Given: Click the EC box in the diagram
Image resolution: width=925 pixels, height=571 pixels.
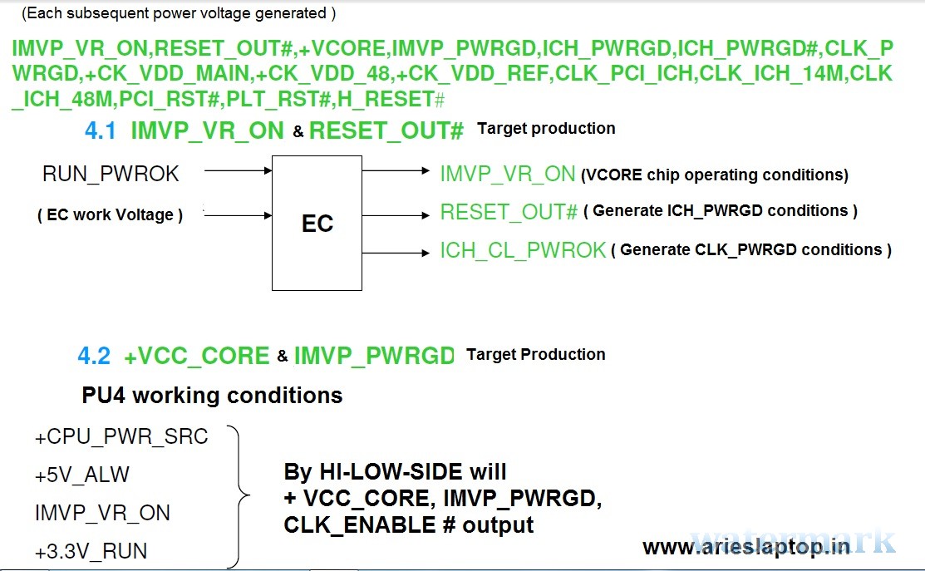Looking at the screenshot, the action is pos(317,223).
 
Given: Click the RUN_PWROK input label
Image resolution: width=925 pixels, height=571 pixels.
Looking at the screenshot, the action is pos(111,174).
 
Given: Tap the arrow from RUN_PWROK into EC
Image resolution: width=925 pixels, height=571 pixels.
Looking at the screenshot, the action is pos(239,170).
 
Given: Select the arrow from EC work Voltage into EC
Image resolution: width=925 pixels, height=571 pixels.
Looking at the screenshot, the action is pos(239,215).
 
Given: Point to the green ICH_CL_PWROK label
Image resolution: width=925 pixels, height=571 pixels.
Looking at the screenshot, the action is pos(524,250).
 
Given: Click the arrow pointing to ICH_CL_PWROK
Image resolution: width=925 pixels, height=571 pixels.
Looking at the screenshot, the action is pos(396,253).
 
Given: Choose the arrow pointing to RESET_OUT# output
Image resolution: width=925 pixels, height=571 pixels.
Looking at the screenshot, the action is pos(396,215).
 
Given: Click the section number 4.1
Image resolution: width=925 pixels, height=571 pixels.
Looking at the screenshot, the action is pos(101,130).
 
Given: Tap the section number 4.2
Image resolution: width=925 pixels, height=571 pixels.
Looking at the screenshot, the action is pos(94,356).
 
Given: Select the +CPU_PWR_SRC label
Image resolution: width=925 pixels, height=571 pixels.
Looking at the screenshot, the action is pos(121,436).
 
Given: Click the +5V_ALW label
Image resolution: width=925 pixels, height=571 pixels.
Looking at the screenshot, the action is pos(82,475).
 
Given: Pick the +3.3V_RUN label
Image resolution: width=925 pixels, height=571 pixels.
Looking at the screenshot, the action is pos(91,551).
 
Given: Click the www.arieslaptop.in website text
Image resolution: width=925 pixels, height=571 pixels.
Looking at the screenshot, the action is pos(746,547).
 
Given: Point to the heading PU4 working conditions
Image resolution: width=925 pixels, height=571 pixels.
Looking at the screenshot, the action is pos(212,396).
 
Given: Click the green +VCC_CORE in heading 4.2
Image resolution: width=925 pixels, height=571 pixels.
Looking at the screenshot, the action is pos(196,356).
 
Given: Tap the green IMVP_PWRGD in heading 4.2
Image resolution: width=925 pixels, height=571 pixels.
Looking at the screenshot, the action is pos(374,356).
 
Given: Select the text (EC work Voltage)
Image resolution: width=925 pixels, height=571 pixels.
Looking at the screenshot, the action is pos(111,214).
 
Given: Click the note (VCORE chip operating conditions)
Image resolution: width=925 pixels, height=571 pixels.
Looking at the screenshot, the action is pos(715,175).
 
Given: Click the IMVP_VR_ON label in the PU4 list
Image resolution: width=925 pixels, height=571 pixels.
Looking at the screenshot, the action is pos(103,513).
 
